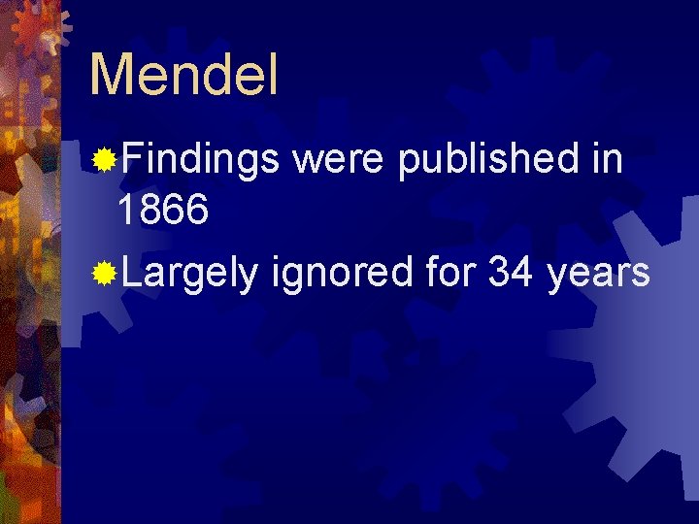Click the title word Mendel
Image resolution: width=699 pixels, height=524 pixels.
(x=183, y=75)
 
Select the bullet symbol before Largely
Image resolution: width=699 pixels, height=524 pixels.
(x=103, y=275)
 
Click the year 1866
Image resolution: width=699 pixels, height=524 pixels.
(x=162, y=210)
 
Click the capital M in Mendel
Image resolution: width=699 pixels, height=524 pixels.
(x=109, y=75)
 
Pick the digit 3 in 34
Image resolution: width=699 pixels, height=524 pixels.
(x=500, y=274)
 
